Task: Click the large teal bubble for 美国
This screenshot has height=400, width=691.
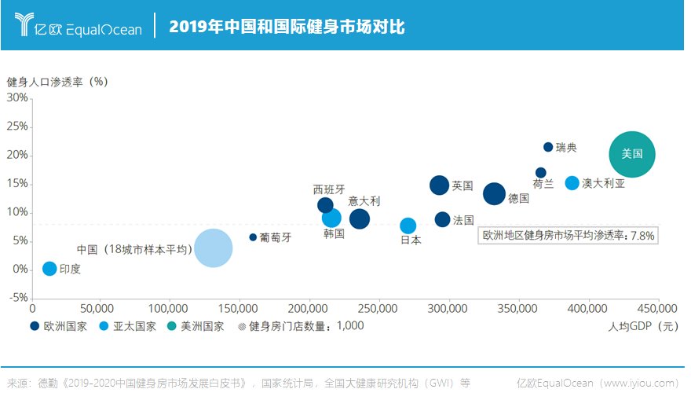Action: [632, 154]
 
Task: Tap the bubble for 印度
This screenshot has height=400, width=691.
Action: [49, 269]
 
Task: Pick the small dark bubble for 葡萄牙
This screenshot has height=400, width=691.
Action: [253, 237]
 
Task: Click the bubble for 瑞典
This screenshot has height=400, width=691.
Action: [548, 147]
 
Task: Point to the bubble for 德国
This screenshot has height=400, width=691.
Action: [494, 194]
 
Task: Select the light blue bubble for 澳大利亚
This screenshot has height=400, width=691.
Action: [572, 183]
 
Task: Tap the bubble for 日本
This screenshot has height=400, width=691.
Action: [408, 226]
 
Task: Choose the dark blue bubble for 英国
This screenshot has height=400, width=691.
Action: [439, 185]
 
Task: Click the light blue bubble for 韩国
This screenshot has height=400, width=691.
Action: [331, 218]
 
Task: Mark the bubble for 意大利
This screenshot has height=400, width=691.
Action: [359, 219]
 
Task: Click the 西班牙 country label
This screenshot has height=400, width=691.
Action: [328, 189]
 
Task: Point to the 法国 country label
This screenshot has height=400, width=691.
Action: [463, 220]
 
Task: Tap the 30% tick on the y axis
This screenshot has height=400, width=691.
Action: [17, 98]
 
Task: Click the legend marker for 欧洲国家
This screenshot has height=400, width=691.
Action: [35, 325]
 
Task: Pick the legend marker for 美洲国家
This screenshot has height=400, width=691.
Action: [175, 325]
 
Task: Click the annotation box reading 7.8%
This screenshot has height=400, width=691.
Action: [568, 235]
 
